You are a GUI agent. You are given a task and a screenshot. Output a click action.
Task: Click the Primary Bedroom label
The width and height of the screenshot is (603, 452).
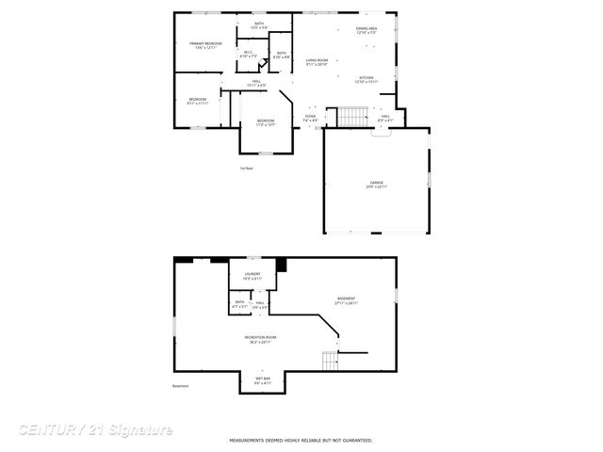(205, 45)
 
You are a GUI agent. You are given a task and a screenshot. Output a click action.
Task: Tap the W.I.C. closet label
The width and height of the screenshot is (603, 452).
(248, 55)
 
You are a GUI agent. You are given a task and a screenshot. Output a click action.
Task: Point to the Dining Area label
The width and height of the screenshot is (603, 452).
(367, 31)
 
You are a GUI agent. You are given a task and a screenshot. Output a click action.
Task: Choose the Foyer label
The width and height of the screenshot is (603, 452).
(310, 119)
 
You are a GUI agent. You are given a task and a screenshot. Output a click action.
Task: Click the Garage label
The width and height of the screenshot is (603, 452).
(376, 185)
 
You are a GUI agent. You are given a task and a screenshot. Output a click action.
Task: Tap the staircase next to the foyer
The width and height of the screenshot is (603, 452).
(350, 117)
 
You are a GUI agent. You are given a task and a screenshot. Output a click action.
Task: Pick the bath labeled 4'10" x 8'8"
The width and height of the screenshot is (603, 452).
(281, 56)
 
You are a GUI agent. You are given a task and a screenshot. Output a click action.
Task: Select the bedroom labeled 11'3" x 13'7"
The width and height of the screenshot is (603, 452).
(266, 122)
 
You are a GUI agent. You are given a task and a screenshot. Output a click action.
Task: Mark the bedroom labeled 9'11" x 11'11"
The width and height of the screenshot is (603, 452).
(197, 101)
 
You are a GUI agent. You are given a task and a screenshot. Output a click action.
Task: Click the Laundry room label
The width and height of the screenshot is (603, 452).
(253, 276)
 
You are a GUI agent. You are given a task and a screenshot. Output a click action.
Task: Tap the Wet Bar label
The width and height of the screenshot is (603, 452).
(262, 380)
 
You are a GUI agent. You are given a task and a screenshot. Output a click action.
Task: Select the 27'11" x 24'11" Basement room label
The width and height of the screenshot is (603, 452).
(346, 301)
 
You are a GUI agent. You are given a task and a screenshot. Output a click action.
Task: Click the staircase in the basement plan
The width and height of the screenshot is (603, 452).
(329, 361)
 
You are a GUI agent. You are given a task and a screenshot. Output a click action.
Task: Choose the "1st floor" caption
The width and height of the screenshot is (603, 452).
(247, 169)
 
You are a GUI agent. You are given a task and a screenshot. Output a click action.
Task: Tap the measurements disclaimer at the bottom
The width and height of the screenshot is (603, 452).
(301, 440)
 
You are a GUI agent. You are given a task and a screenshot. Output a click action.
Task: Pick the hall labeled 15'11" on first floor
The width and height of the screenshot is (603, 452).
(254, 84)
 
